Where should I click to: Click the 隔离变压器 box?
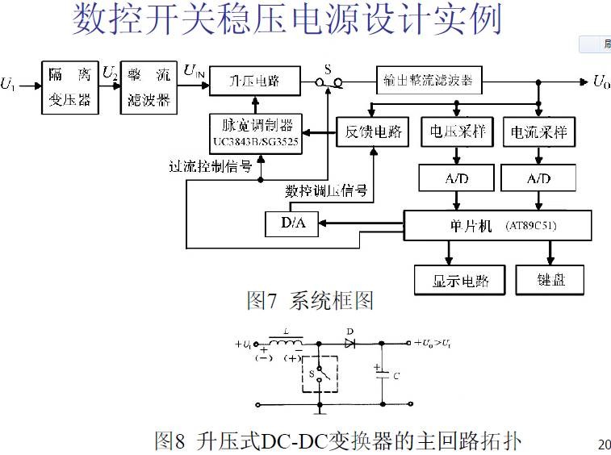coord(70,87)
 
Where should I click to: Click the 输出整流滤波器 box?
coord(429,81)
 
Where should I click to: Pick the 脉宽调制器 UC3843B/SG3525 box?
coord(253,133)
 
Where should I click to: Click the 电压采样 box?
coord(457,132)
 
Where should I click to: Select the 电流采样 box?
coord(538,132)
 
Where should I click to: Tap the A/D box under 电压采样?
coord(456,177)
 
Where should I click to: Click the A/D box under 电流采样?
coord(538,177)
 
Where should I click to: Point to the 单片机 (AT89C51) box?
coord(497,225)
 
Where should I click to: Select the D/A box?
coord(291,224)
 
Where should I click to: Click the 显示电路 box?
coord(457,280)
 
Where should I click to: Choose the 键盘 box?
coord(550,280)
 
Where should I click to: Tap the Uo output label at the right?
coord(601,81)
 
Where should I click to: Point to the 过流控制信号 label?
coord(211,168)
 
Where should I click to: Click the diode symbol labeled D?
coord(350,343)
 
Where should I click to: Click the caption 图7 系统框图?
coord(310,302)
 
